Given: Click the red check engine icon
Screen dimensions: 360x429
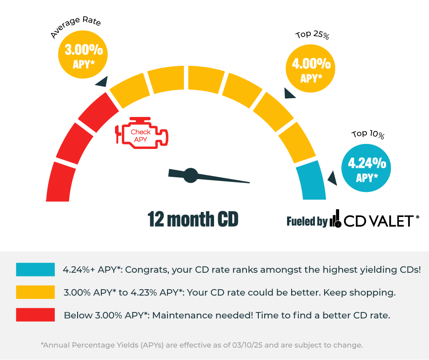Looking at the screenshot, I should [x=141, y=133].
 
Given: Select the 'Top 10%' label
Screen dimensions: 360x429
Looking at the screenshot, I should [x=368, y=134].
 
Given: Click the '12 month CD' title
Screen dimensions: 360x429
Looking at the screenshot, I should [x=193, y=219].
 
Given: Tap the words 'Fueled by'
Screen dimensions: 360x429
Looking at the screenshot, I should [x=307, y=222].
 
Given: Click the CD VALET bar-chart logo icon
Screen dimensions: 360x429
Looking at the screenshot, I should [x=335, y=219].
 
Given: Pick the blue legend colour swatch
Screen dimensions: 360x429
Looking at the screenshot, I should [x=35, y=270].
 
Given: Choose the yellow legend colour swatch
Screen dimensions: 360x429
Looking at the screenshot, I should [x=35, y=292].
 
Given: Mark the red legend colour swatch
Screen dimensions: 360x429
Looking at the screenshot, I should [x=35, y=315].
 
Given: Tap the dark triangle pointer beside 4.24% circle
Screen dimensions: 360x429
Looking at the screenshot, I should [x=333, y=179].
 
